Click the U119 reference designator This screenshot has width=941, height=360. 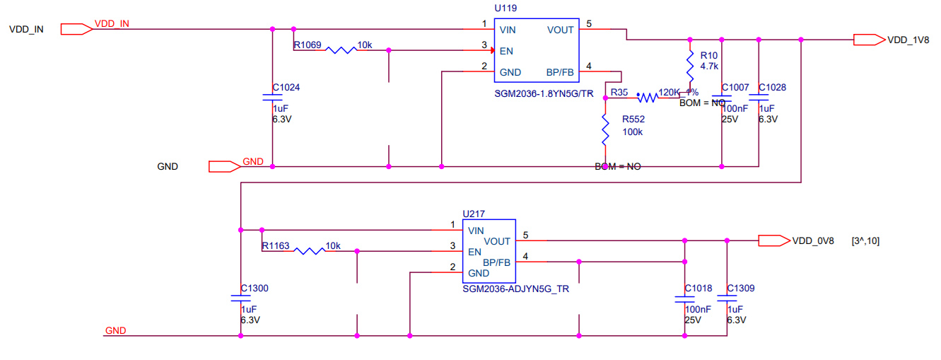point(506,9)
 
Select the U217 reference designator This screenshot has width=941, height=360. point(473,214)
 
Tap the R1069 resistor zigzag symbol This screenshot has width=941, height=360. point(339,50)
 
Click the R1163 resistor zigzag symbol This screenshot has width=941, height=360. point(308,250)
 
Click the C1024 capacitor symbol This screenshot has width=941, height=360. point(273,96)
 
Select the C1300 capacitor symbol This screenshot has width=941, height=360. point(241,298)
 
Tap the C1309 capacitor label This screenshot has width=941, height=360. point(741,289)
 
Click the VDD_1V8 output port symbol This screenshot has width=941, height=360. point(869,40)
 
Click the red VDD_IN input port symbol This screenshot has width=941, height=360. point(76,29)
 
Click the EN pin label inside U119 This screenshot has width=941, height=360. point(506,51)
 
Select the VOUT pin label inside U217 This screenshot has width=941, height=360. point(498,241)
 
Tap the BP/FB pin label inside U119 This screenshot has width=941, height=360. point(560,72)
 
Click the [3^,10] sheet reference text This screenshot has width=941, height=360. point(866,241)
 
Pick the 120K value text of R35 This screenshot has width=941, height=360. point(668,93)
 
